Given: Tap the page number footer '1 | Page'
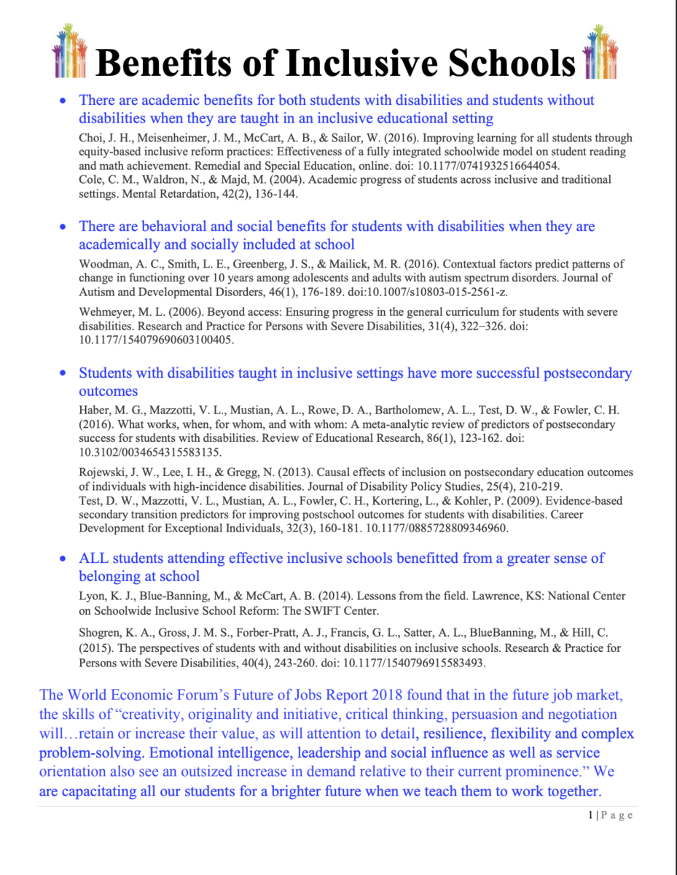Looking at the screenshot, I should (x=611, y=815).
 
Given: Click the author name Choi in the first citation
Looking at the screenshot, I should (x=90, y=138).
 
